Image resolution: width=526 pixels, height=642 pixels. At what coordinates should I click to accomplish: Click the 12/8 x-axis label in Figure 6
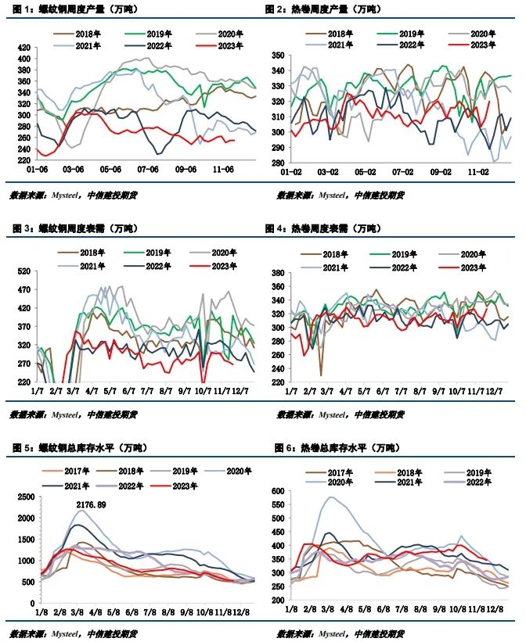point(499,608)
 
